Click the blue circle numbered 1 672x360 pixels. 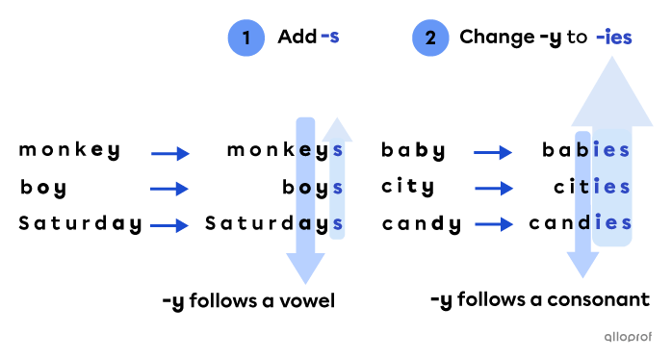click(x=246, y=39)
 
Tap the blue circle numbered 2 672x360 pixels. click(x=430, y=39)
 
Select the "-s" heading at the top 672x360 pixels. click(x=329, y=38)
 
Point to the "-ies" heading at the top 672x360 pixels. click(x=613, y=38)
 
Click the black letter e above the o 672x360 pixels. click(x=305, y=150)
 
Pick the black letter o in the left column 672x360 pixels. click(x=305, y=187)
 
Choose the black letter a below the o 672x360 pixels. click(x=305, y=223)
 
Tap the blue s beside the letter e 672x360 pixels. click(x=337, y=150)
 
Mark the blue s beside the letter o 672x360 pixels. click(x=337, y=187)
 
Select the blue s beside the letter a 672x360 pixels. click(x=337, y=223)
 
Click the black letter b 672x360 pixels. click(x=582, y=150)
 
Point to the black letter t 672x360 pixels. click(x=583, y=187)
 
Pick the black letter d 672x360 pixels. click(x=583, y=223)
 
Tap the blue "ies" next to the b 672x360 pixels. click(x=612, y=150)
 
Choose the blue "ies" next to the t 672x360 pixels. click(x=612, y=187)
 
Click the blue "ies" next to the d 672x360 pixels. click(x=612, y=223)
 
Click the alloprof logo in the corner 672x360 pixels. click(x=627, y=336)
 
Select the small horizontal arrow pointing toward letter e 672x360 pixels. click(x=170, y=154)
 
